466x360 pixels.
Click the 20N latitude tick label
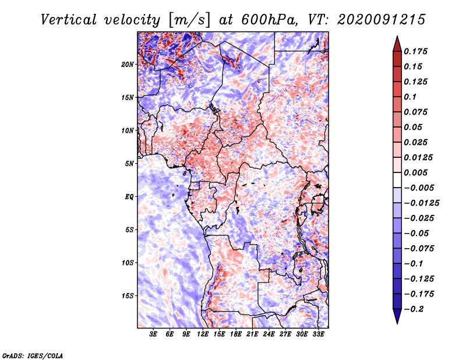[128, 64]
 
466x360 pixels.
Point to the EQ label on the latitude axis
[129, 196]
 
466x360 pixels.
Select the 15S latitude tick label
[128, 295]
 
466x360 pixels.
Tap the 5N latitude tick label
[129, 163]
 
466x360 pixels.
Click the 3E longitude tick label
[154, 335]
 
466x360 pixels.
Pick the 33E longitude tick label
[319, 335]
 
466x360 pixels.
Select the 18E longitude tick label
[236, 335]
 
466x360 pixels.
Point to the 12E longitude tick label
[203, 335]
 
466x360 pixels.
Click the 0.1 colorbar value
[413, 97]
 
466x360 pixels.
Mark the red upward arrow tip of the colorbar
[396, 37]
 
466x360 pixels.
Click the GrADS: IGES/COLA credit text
[32, 355]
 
